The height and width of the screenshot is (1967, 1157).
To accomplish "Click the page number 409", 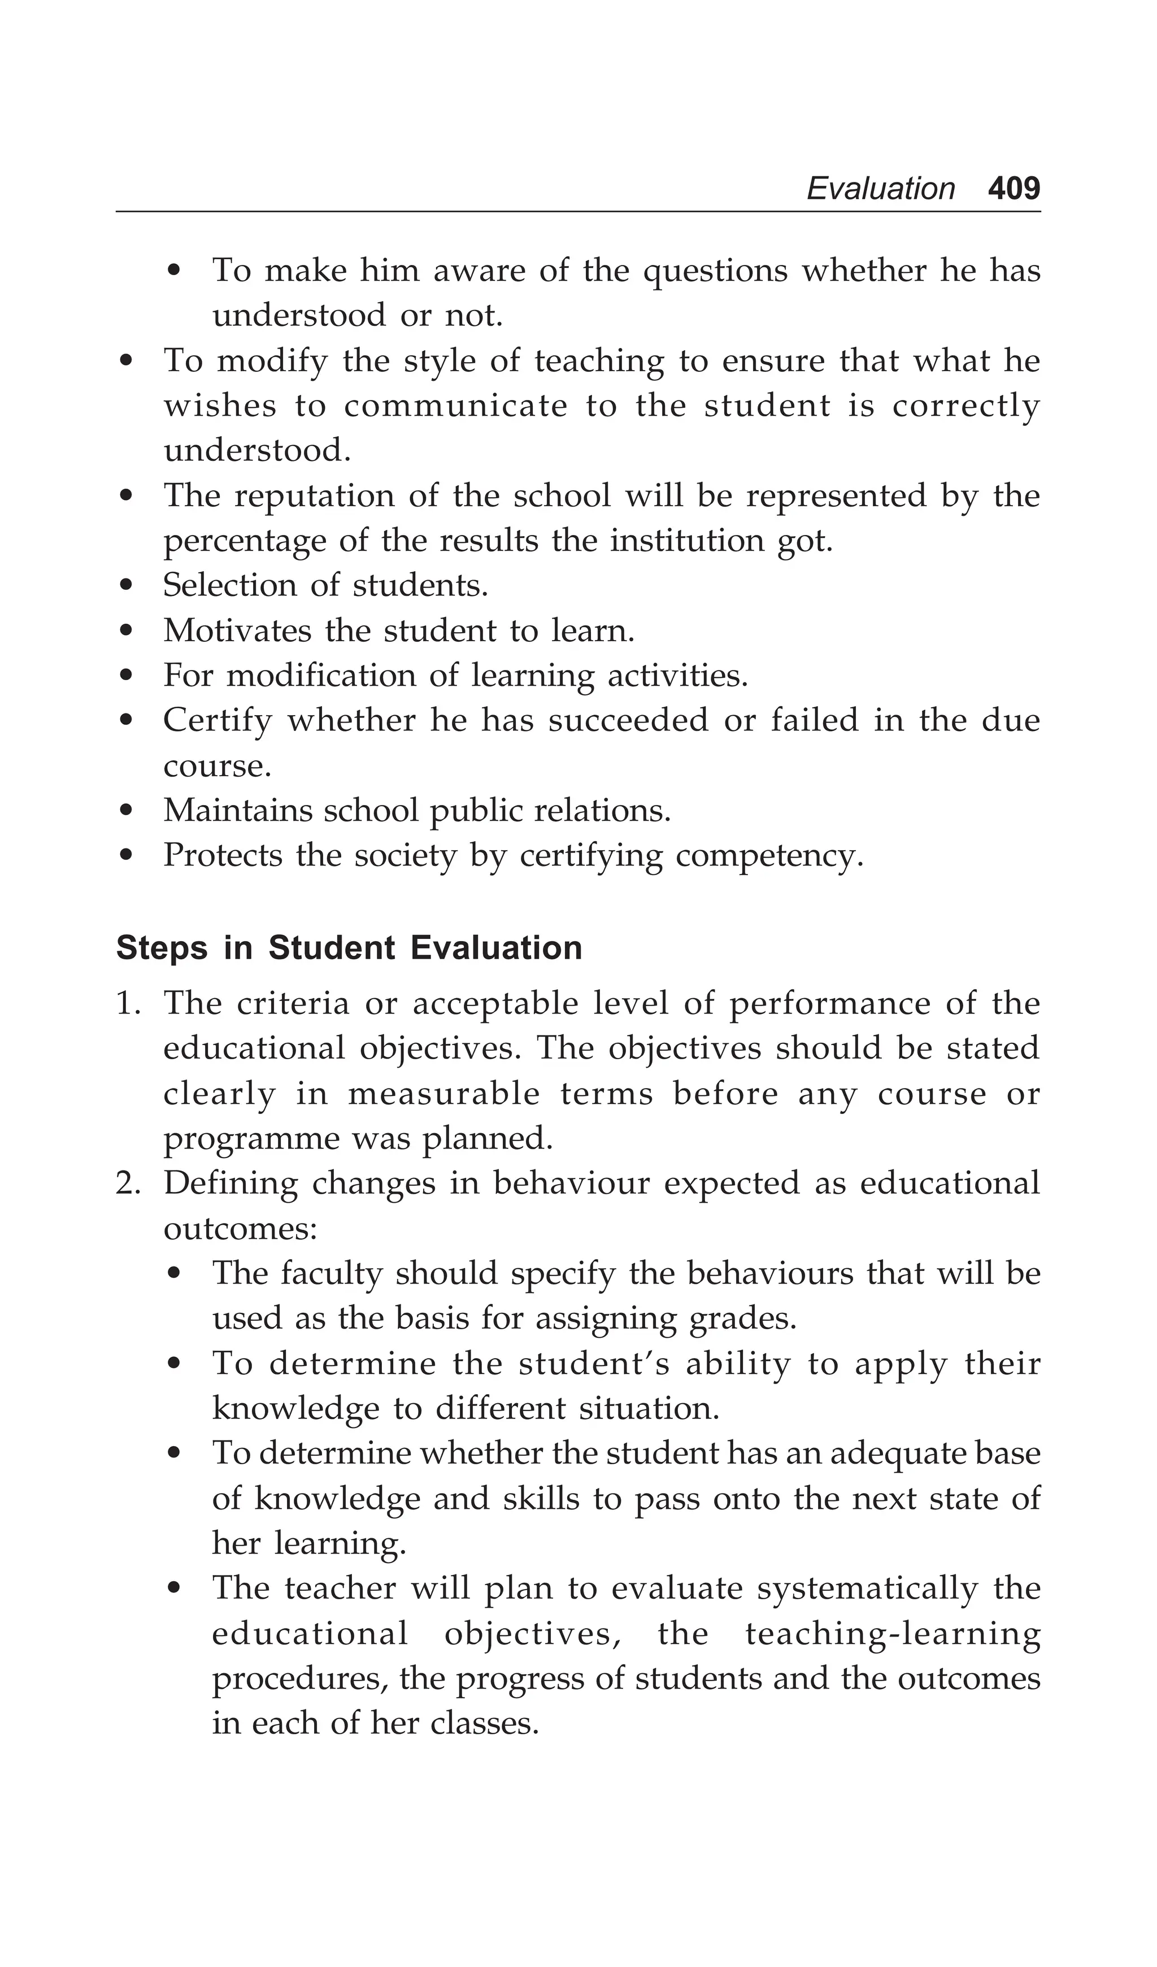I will pos(1014,189).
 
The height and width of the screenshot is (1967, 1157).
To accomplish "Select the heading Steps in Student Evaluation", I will pos(349,948).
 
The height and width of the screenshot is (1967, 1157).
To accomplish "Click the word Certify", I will pos(217,720).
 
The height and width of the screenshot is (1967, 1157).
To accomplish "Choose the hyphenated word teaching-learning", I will pos(893,1634).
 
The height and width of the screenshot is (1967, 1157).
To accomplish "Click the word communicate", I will pos(455,406).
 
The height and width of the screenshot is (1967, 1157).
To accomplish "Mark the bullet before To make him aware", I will pos(175,272).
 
